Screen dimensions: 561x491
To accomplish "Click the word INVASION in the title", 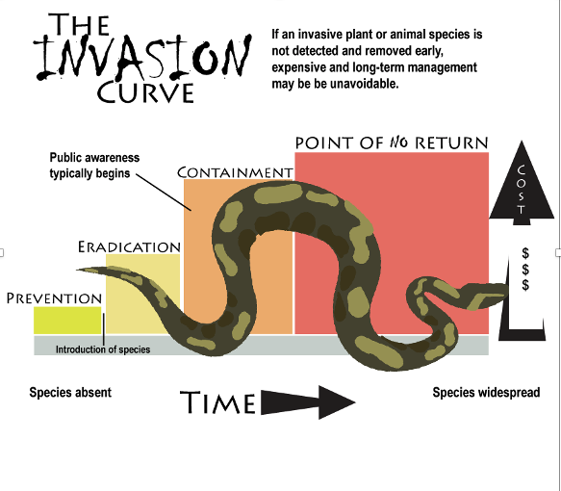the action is (x=142, y=57).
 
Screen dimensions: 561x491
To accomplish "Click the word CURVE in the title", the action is (x=145, y=92).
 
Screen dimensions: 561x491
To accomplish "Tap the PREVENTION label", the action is (x=55, y=298).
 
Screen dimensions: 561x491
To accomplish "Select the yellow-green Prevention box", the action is (x=67, y=321).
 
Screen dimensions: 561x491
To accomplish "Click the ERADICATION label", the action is (x=129, y=246).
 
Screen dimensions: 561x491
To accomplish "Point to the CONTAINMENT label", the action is (x=235, y=172).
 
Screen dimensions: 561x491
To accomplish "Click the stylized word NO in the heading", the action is (x=399, y=142).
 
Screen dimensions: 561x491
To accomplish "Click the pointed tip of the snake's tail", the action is (x=77, y=270).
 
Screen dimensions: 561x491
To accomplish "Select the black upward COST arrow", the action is (x=522, y=183).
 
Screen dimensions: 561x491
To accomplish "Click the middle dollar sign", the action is (x=525, y=270).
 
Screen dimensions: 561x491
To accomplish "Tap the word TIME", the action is (x=217, y=402).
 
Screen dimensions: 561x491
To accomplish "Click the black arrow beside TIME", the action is (x=308, y=402).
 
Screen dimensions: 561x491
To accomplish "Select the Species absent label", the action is (x=70, y=392).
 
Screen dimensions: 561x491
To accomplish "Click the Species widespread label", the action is (x=486, y=392).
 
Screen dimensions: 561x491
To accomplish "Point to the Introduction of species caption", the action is (x=103, y=349).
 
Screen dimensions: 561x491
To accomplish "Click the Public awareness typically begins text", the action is (x=94, y=166).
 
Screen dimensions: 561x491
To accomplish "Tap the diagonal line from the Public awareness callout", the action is (x=164, y=193).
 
